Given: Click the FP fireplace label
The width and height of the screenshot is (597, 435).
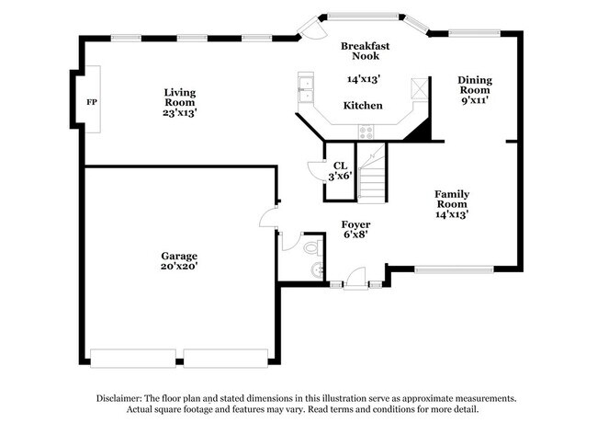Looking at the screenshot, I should pos(91,102).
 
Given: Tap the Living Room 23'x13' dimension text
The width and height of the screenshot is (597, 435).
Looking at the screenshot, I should pos(180,112).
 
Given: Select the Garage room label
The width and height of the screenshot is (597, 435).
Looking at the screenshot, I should pos(180,256).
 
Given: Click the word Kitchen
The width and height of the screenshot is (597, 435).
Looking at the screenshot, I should pos(363,106).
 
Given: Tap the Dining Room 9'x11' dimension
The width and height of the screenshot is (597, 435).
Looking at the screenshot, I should pos(474,101).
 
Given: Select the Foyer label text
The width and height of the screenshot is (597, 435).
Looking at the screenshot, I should pos(355,224).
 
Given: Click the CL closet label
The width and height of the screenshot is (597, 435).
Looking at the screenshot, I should pos(339,166).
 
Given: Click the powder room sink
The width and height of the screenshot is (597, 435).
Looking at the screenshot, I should pos(318,269).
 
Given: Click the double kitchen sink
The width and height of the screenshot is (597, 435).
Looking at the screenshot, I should pos(304,90).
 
